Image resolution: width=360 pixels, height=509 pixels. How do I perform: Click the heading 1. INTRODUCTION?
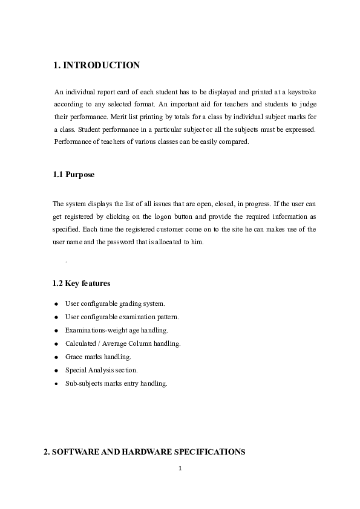point(97,65)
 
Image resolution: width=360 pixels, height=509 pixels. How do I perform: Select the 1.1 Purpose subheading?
point(74,175)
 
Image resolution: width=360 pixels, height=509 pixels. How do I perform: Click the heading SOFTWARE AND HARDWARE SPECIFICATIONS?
point(145,452)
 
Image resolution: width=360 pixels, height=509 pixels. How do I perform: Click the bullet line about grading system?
point(114,303)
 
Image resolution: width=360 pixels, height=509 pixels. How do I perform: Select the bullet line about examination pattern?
point(122,317)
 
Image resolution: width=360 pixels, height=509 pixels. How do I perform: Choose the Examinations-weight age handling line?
point(116,330)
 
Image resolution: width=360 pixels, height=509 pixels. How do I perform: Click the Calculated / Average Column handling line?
point(123,343)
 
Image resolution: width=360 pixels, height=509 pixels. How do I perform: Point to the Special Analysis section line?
point(101,370)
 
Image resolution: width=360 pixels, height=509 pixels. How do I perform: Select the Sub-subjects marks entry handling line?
point(116,383)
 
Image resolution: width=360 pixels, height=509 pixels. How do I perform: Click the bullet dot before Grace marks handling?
point(56,357)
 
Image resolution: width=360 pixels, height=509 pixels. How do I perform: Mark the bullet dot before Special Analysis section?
point(56,371)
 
